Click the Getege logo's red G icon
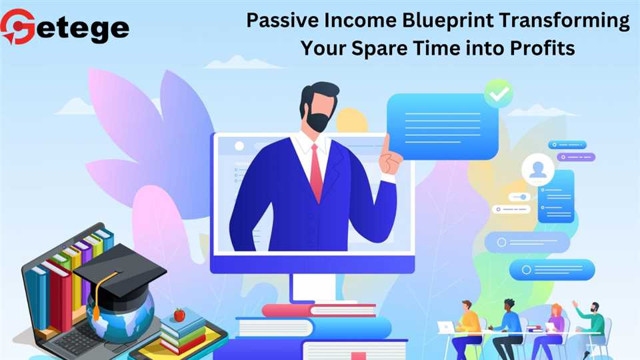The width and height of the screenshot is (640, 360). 18,27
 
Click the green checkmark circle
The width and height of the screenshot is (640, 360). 499,93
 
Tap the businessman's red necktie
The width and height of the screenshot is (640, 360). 316,173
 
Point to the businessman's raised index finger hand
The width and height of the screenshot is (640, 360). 390,157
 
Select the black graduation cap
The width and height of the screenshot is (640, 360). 120,271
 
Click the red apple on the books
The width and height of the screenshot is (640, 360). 179,315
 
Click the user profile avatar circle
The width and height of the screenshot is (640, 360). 538,169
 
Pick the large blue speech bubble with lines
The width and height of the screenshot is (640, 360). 443,127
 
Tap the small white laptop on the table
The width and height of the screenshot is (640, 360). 446,327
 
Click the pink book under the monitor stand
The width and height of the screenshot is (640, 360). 319,311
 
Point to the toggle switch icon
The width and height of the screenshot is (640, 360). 519,197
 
